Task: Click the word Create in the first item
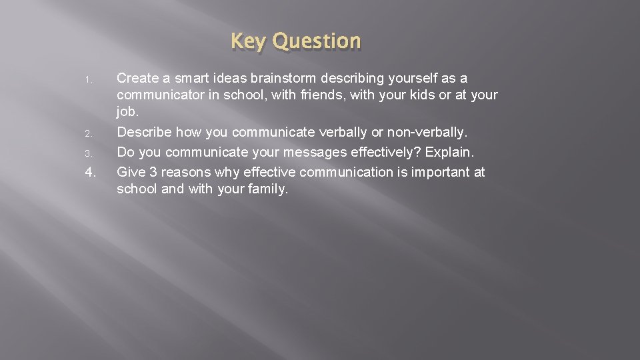pos(137,79)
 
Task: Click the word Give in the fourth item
pos(130,172)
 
